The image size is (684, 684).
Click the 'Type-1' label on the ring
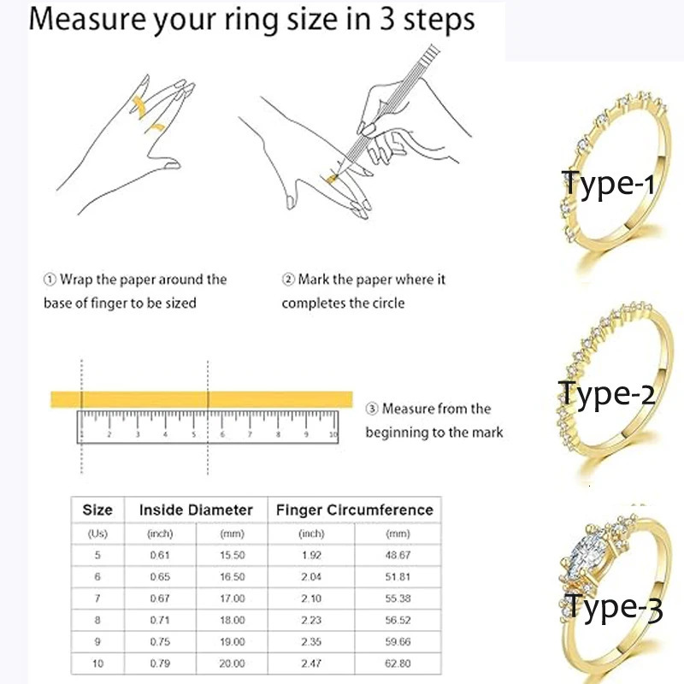tap(608, 184)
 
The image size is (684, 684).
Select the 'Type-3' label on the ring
tap(613, 609)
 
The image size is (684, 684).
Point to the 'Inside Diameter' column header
tap(196, 510)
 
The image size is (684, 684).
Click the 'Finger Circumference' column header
tap(354, 510)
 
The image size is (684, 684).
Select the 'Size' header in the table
tap(97, 510)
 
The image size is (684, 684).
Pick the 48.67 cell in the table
tap(398, 555)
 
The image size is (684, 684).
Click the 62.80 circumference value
tap(398, 662)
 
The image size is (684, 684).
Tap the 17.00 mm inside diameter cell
tap(233, 598)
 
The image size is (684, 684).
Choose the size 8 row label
tap(97, 619)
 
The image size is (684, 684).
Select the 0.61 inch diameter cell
tap(161, 555)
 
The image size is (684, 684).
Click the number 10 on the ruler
tap(333, 435)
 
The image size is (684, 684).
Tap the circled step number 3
tap(372, 409)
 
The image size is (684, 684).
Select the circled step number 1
tap(50, 280)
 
